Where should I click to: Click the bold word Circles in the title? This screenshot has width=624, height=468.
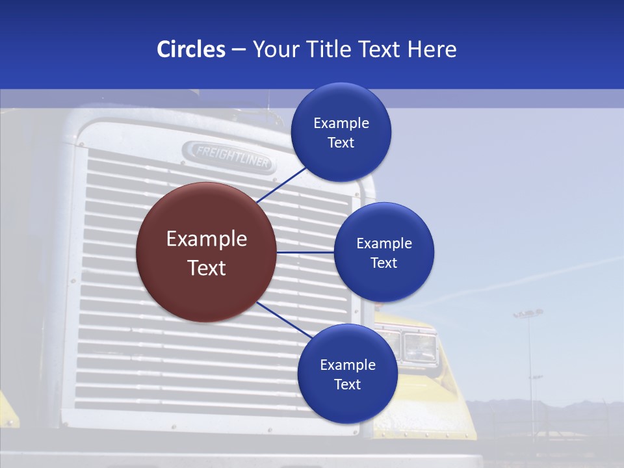pyautogui.click(x=190, y=49)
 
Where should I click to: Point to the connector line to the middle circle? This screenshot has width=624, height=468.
pyautogui.click(x=305, y=252)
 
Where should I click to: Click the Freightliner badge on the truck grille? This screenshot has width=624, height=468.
pyautogui.click(x=228, y=156)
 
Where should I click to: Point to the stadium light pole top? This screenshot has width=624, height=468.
pyautogui.click(x=528, y=315)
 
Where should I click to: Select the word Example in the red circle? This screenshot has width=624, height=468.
pyautogui.click(x=206, y=239)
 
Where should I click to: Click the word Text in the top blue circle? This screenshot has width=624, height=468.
pyautogui.click(x=341, y=143)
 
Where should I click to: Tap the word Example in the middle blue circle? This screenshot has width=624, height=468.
pyautogui.click(x=383, y=244)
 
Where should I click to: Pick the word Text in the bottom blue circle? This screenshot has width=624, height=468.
pyautogui.click(x=347, y=384)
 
